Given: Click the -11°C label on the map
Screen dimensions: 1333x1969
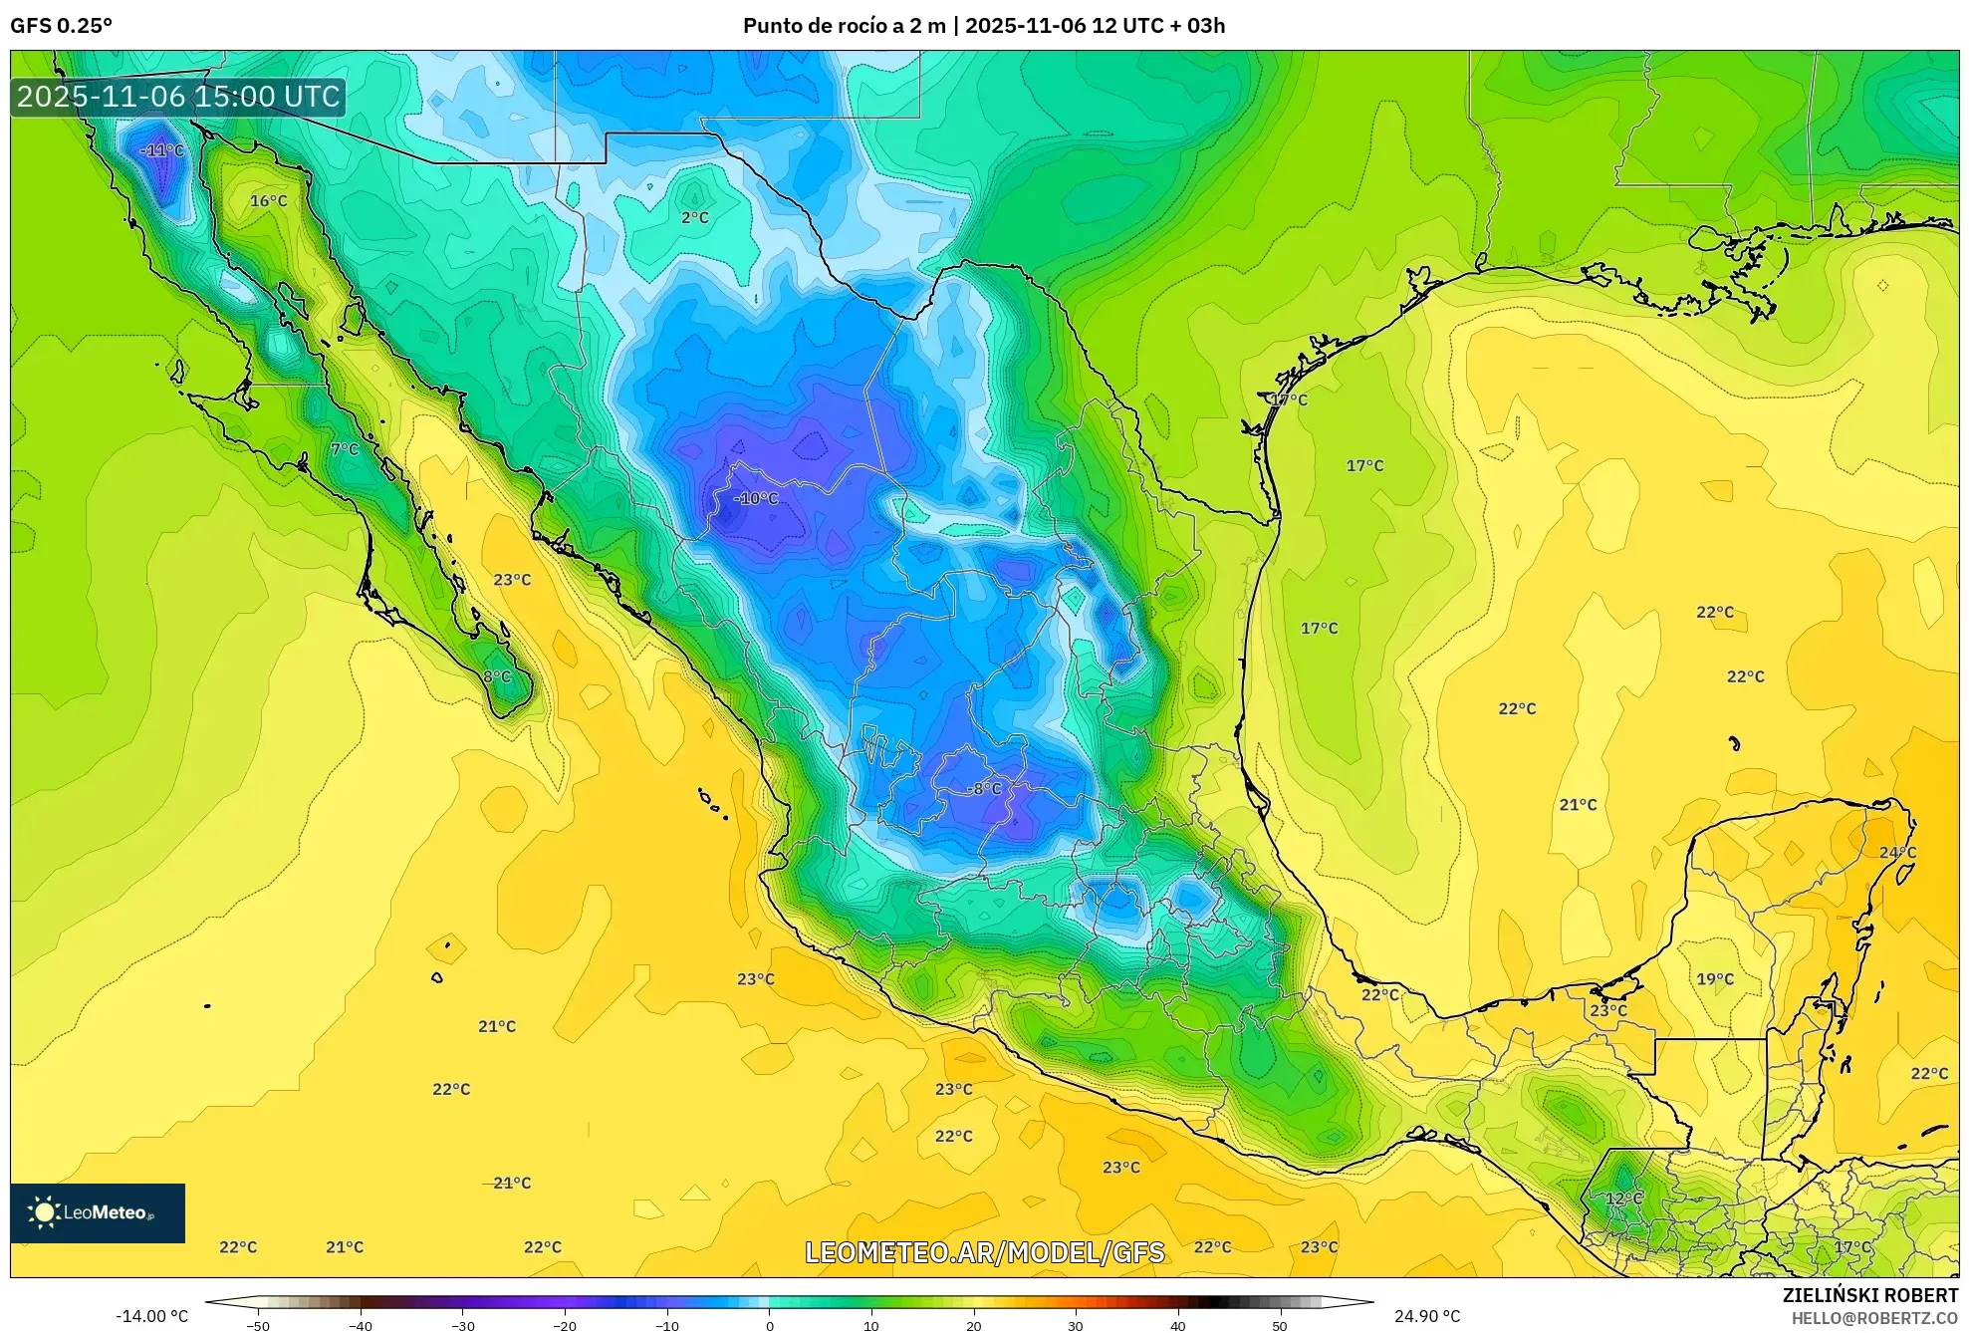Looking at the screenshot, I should click(162, 150).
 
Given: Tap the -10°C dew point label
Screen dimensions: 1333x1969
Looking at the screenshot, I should click(756, 498).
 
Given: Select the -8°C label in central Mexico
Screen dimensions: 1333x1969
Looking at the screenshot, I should click(984, 789).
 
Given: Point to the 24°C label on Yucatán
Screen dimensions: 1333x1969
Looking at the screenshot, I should click(1897, 853).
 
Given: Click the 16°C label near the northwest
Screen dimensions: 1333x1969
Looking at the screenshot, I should click(268, 201).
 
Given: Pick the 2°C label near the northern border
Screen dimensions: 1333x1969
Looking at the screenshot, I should click(695, 217).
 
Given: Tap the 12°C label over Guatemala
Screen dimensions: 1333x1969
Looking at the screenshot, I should click(1623, 1199).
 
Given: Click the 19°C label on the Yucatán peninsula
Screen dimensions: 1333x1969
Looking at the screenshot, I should click(1715, 979).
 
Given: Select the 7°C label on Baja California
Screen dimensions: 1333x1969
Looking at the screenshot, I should click(345, 449).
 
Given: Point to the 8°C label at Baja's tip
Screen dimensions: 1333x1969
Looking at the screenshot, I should click(497, 677).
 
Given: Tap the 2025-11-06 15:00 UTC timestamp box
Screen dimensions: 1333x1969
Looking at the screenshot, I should click(178, 97).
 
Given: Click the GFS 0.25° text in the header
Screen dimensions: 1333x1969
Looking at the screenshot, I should click(62, 26).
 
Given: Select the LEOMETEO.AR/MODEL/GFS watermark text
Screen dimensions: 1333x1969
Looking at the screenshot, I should click(984, 1252).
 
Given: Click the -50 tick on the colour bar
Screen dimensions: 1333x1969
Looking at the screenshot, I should click(258, 1326).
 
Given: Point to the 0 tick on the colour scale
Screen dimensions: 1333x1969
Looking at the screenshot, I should click(769, 1326).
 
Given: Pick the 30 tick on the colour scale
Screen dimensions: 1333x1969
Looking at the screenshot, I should click(1076, 1326).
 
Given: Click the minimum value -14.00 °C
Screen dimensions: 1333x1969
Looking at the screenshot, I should click(151, 1316).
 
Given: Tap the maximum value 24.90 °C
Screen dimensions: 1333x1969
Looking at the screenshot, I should click(1427, 1316).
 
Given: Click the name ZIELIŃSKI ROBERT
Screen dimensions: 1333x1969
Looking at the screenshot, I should click(1869, 1295).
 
